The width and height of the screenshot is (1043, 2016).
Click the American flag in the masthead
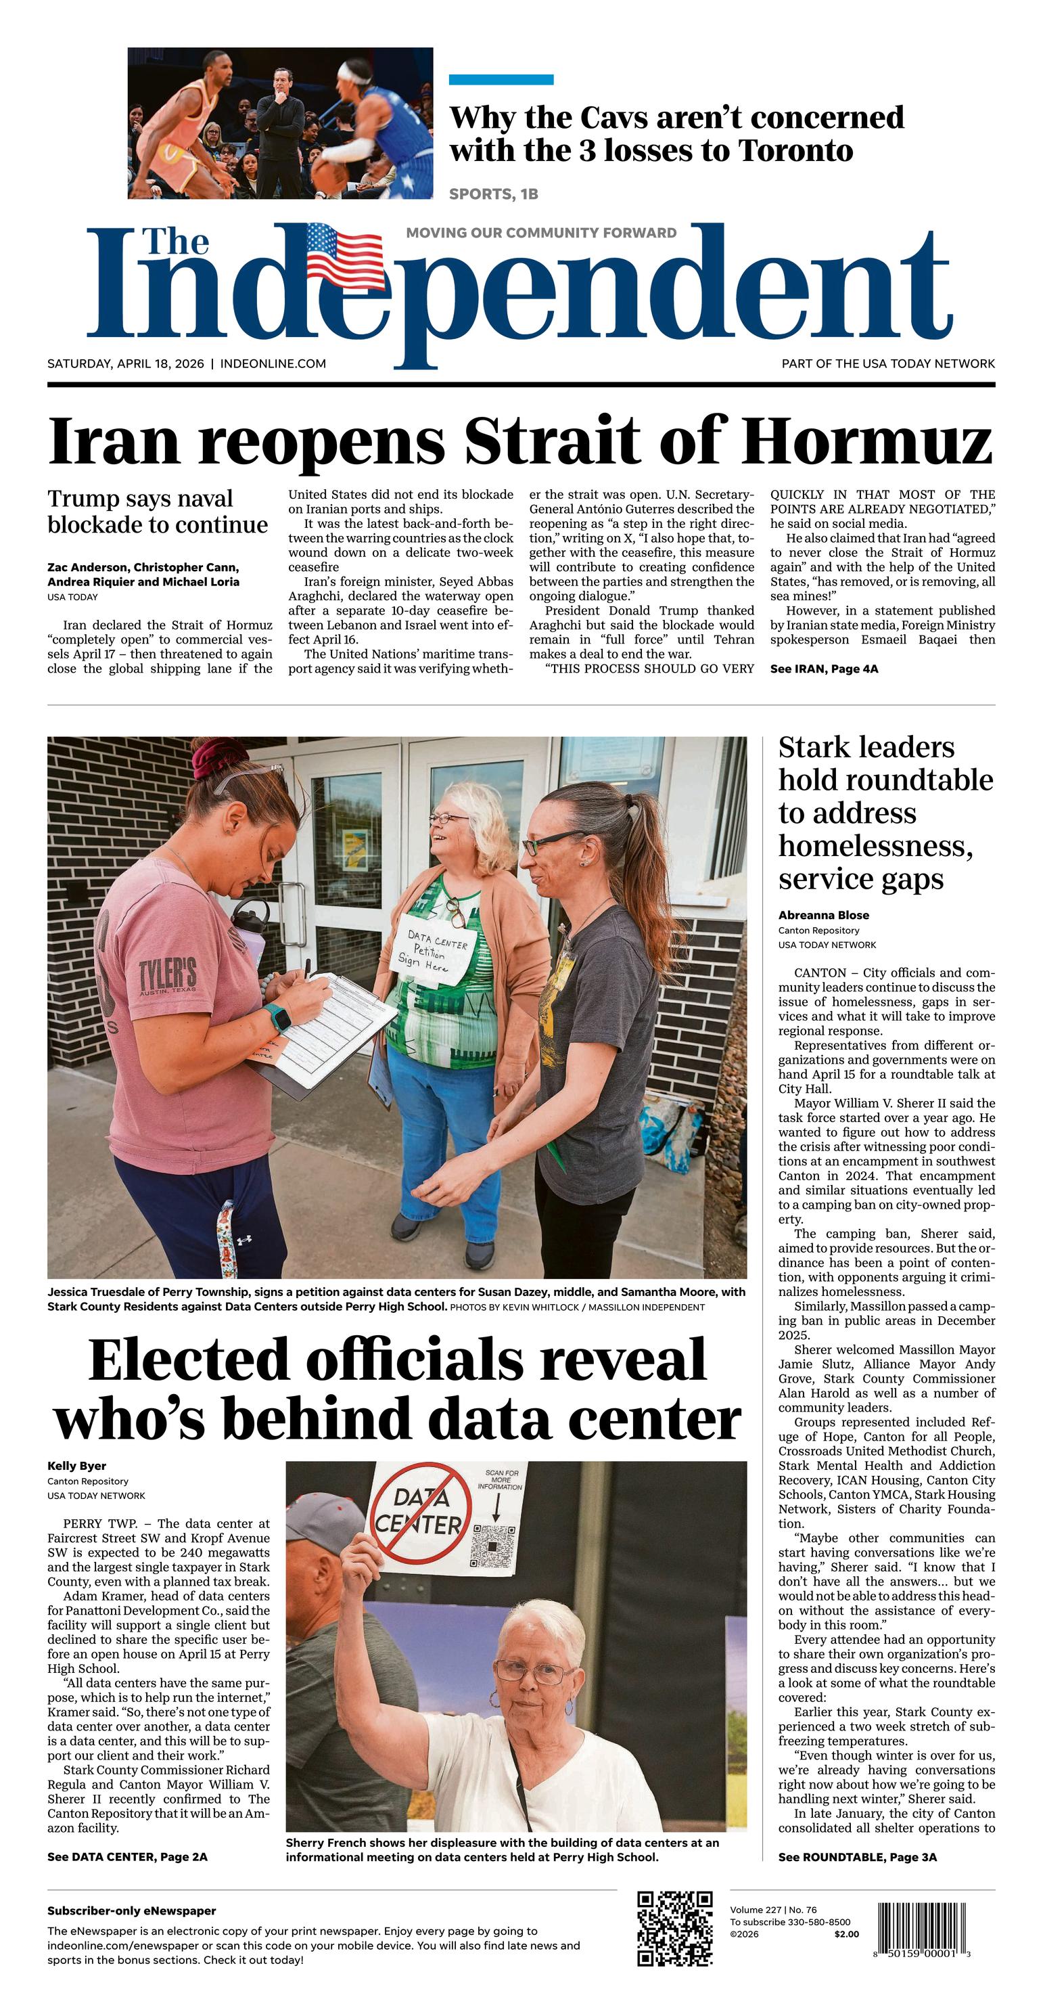pyautogui.click(x=345, y=255)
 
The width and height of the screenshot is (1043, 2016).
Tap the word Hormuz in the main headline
pyautogui.click(x=867, y=441)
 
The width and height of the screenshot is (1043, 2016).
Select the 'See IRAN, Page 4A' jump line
pyautogui.click(x=824, y=669)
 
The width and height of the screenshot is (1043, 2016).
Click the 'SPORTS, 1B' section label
pyautogui.click(x=493, y=194)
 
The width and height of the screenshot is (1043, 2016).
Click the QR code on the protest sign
pyautogui.click(x=493, y=1547)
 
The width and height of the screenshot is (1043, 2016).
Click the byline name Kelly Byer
pyautogui.click(x=76, y=1466)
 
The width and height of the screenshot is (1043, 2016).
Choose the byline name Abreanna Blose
pyautogui.click(x=823, y=915)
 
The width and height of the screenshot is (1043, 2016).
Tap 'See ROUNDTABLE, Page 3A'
pyautogui.click(x=857, y=1857)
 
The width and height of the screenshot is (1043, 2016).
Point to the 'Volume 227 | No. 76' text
pyautogui.click(x=773, y=1910)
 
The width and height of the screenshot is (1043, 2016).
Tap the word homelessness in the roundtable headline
pyautogui.click(x=875, y=846)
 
